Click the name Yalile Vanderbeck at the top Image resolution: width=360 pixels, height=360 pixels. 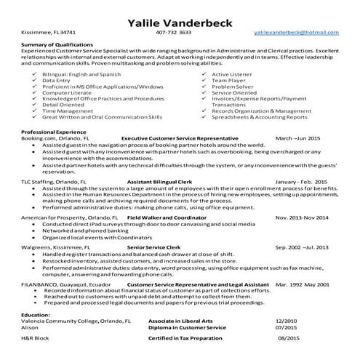[180, 20]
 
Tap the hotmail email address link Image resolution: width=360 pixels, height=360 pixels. [296, 33]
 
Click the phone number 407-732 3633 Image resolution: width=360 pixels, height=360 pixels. [174, 33]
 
